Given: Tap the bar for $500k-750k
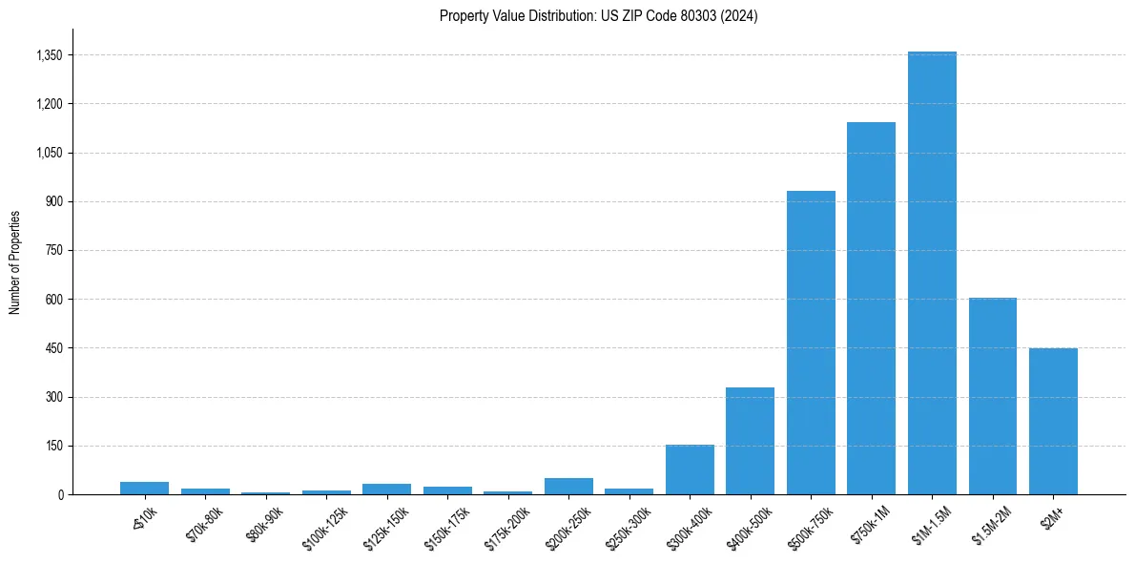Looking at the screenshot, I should click(811, 343).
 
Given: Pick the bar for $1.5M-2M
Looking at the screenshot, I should click(993, 396).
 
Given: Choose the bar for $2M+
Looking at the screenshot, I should click(1053, 421).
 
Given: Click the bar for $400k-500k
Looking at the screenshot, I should click(750, 441).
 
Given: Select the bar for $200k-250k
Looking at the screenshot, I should click(568, 486).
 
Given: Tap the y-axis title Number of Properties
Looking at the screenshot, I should click(15, 261).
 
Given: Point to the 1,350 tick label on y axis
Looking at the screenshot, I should click(49, 55).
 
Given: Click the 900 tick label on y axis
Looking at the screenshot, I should click(53, 201).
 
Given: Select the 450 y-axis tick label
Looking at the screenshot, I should click(53, 348).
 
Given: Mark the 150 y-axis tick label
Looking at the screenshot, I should click(53, 446).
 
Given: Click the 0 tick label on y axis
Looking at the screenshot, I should click(59, 494).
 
